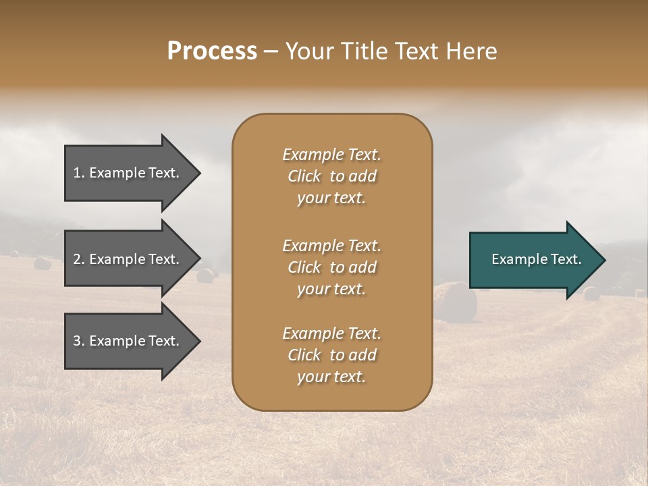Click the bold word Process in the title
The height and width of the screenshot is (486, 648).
212,51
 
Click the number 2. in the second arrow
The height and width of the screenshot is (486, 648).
79,259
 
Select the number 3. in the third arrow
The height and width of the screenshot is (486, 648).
79,341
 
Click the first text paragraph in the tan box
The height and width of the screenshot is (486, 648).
331,176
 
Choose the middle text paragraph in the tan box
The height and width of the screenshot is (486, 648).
331,267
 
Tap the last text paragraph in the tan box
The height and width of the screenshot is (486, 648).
331,355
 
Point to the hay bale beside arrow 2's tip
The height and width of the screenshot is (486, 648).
206,275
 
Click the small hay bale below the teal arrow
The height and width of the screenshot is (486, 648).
591,294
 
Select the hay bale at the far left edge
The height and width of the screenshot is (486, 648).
42,263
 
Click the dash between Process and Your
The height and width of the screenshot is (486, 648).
271,52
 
